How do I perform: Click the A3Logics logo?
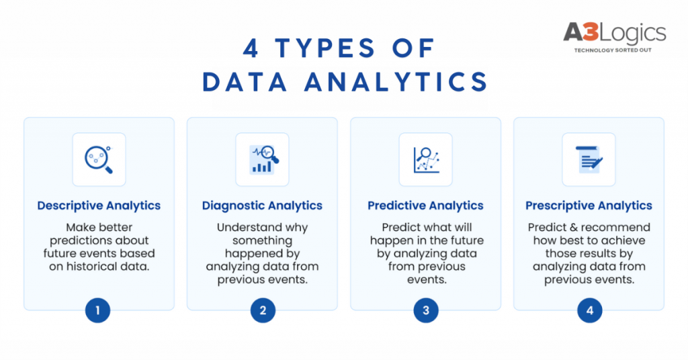point(614,37)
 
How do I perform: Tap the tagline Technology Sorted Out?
point(613,50)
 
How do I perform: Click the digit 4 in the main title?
point(251,48)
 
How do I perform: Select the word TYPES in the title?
point(325,48)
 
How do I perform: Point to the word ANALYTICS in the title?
point(396,81)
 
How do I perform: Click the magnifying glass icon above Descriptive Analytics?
point(99,159)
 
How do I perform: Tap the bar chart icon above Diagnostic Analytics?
point(263,159)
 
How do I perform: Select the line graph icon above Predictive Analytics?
point(426,160)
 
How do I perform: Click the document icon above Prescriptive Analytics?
point(589,159)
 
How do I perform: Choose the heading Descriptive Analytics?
point(99,206)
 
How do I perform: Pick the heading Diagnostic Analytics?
point(262,206)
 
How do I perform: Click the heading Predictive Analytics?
point(425,206)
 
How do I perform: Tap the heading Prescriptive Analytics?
point(589,206)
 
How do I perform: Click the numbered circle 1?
point(97,310)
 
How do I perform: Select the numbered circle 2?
point(263,310)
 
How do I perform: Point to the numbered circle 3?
point(426,310)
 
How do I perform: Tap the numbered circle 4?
point(590,310)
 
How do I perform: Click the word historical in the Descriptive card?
point(91,266)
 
